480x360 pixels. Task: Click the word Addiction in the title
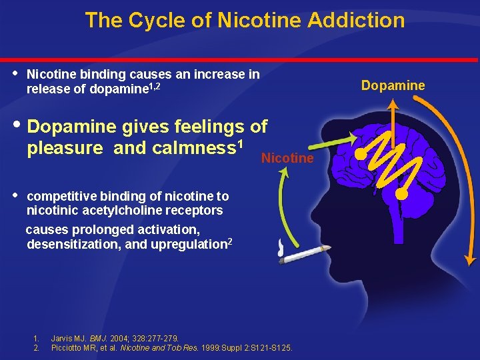356,20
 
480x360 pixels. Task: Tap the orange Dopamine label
393,85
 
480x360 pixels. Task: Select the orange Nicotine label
287,158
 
